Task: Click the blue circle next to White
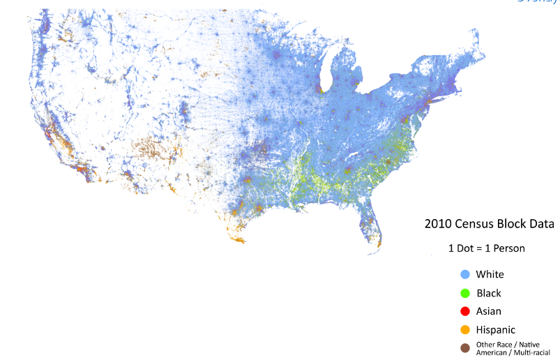click(465, 274)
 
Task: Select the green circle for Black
click(465, 292)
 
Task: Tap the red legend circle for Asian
click(465, 310)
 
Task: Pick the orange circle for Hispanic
click(465, 329)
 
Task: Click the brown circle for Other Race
click(465, 347)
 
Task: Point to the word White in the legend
click(490, 274)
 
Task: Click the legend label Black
click(488, 293)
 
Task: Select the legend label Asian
click(489, 311)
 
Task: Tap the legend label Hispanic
click(496, 329)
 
